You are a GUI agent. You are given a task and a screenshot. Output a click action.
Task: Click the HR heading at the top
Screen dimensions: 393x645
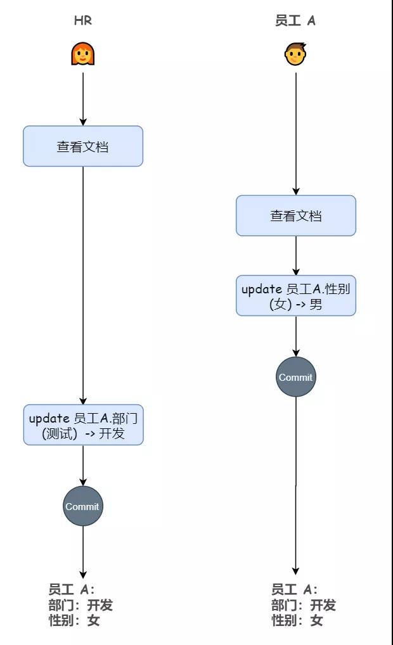click(82, 20)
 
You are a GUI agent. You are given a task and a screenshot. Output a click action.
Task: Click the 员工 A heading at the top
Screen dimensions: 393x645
click(295, 20)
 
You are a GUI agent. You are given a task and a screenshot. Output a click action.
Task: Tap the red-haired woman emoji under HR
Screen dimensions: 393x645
click(82, 53)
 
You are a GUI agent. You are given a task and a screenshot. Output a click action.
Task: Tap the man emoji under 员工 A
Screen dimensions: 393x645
click(295, 54)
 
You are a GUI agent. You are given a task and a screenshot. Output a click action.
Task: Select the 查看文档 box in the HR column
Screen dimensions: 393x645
click(82, 146)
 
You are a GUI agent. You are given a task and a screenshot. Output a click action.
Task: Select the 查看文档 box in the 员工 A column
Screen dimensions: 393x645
click(295, 215)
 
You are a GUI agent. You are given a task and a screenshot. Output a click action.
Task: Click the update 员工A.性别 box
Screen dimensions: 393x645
click(295, 296)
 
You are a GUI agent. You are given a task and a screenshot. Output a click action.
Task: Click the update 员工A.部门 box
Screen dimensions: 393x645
click(83, 425)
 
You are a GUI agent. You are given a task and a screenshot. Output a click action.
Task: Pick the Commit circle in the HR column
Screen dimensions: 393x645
click(82, 506)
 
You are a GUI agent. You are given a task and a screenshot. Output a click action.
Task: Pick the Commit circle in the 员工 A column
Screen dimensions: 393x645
click(295, 377)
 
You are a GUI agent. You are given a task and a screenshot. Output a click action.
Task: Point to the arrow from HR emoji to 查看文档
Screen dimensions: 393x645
click(82, 99)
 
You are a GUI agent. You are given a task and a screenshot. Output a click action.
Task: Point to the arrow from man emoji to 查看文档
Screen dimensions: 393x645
click(295, 134)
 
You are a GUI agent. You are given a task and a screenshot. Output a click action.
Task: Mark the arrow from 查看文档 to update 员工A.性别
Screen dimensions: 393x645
click(295, 255)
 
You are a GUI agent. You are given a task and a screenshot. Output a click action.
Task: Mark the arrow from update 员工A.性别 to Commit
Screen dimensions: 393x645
click(295, 336)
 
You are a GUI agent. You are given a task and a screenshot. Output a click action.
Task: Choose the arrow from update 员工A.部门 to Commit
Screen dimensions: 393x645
click(82, 466)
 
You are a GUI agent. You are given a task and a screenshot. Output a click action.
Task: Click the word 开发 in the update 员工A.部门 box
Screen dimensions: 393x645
click(112, 433)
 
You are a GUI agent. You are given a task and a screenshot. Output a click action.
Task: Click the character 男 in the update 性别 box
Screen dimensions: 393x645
click(316, 304)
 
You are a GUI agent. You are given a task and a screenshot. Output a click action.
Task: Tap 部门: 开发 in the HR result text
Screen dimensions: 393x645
click(81, 605)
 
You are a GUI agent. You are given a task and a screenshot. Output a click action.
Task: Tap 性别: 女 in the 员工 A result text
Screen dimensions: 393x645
click(297, 620)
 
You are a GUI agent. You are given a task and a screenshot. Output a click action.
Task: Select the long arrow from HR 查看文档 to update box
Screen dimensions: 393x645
click(82, 286)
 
